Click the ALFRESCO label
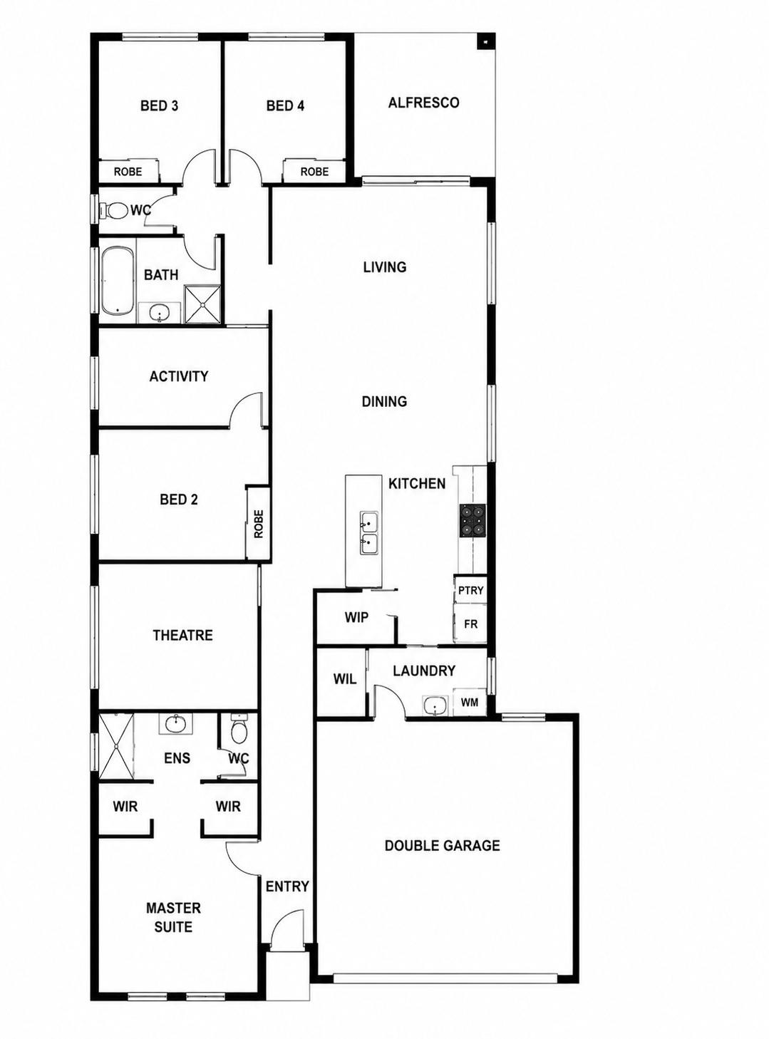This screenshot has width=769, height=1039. coord(423,103)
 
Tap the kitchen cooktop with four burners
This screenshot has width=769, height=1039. coord(472,520)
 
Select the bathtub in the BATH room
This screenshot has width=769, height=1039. coord(118,281)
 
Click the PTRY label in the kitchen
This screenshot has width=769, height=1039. coord(470,590)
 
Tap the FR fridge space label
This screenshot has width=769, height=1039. coord(470,624)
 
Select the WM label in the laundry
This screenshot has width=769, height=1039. coord(470,702)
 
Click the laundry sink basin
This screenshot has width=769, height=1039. coord(435,705)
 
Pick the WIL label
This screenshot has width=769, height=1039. coord(344,678)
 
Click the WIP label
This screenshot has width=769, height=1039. coord(356,617)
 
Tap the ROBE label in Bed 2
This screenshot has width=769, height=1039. coord(259,524)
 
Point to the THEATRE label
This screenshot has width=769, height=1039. coord(182,635)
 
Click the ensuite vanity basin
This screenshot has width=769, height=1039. coord(176,724)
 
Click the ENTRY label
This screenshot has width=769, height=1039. coord(287,886)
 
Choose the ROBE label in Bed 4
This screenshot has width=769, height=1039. coord(314,172)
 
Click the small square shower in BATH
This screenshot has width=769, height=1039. coord(203,304)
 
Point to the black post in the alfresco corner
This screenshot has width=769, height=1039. coord(485,42)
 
